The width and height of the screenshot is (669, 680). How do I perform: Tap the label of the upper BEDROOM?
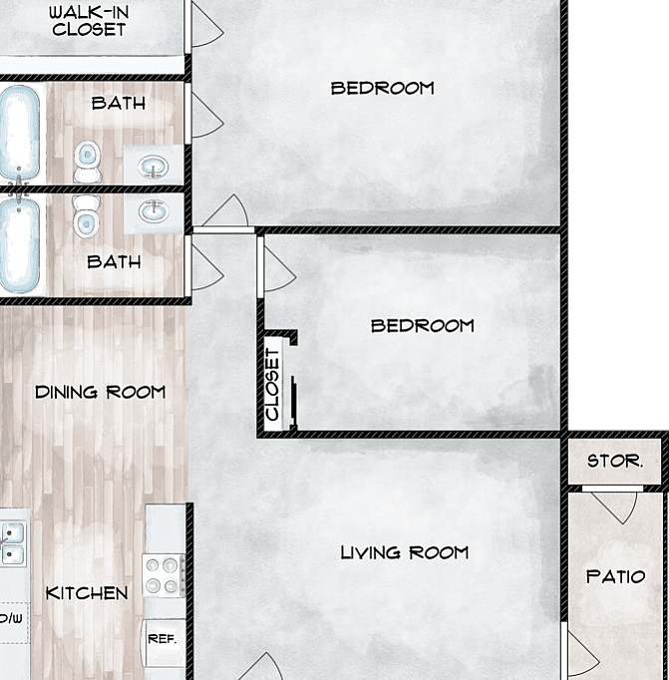(x=382, y=88)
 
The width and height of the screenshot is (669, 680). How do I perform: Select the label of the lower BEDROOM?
(x=422, y=325)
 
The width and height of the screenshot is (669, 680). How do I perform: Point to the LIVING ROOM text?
(x=404, y=552)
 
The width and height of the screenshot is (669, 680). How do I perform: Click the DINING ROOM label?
(x=100, y=392)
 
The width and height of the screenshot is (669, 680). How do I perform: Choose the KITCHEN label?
(x=87, y=593)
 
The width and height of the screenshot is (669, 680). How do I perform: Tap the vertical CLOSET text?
(x=272, y=384)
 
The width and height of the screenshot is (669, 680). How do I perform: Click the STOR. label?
(x=614, y=462)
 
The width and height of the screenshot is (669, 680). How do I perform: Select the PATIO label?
(x=615, y=576)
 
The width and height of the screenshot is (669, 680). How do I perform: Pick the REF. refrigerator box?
(x=162, y=639)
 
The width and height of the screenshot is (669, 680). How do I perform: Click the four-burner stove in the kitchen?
(x=166, y=575)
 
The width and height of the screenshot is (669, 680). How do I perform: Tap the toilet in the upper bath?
(x=88, y=161)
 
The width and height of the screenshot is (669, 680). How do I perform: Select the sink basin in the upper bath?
(x=153, y=165)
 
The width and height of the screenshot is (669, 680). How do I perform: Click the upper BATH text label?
(x=118, y=103)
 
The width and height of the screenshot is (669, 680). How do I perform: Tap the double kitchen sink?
(x=12, y=542)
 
